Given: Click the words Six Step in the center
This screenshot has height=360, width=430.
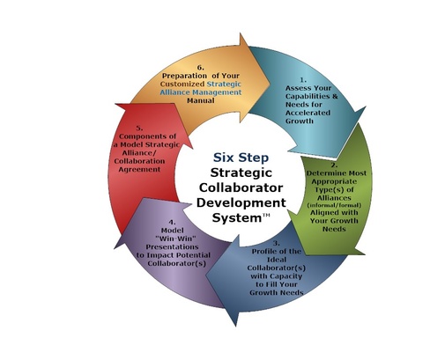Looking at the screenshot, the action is click(x=241, y=158).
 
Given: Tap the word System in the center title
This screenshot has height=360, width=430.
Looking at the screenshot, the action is click(x=237, y=218).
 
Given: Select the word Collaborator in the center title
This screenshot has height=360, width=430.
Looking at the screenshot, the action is click(x=241, y=187).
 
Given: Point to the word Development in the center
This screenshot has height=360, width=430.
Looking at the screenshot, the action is click(x=241, y=203).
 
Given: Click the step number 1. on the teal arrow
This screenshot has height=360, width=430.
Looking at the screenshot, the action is click(x=303, y=80).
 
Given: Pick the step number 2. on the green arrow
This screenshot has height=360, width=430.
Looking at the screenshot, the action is click(x=334, y=165).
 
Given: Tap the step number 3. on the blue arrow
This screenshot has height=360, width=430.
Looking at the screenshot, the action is click(x=277, y=243).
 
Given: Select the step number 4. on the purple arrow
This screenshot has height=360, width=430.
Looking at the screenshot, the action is click(x=173, y=222).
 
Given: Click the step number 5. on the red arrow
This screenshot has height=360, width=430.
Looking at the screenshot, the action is click(x=139, y=129).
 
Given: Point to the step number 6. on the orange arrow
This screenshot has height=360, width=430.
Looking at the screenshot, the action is click(x=201, y=68).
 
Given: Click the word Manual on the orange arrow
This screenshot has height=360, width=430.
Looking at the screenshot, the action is click(x=201, y=100).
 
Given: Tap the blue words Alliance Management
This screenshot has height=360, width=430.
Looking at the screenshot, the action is click(x=201, y=92).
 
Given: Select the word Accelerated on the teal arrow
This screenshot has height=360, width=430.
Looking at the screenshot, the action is click(x=308, y=113).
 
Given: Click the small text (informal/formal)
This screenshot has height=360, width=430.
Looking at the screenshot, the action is click(x=334, y=205).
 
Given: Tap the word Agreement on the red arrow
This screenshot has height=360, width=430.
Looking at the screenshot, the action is click(x=139, y=170).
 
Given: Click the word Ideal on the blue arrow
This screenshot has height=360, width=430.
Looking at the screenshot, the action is click(x=277, y=260).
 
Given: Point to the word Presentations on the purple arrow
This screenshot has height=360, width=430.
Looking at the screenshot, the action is click(x=172, y=246).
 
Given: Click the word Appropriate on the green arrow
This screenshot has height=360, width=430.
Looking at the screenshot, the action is click(x=334, y=181).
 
